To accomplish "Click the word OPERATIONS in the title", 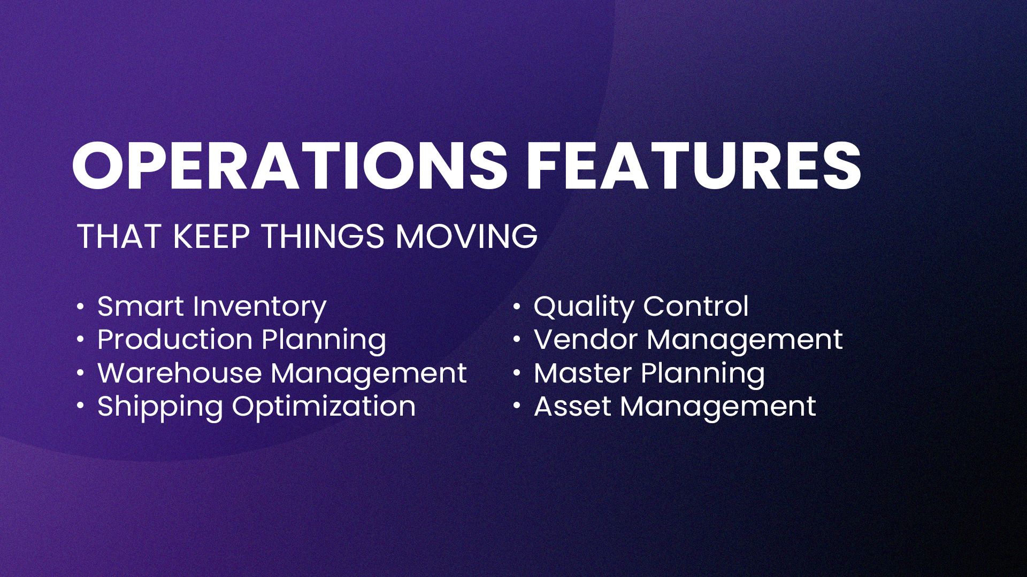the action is (x=290, y=166).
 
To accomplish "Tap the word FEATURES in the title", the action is (x=694, y=166).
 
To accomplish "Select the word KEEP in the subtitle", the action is (x=211, y=236).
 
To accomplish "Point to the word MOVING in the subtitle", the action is (x=466, y=236).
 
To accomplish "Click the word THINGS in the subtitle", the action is (x=323, y=236).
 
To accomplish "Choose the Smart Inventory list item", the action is (x=212, y=308).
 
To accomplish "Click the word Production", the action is (x=175, y=340).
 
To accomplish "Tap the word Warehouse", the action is (x=180, y=373).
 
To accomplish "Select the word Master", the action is (x=583, y=373).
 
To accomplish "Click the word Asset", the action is (x=572, y=407).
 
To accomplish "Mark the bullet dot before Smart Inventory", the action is (x=80, y=307).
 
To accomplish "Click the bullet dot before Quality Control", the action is (x=517, y=307).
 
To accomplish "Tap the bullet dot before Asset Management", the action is (x=517, y=407).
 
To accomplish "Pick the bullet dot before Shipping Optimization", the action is (x=80, y=407).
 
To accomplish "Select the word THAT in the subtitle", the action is (x=119, y=236).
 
